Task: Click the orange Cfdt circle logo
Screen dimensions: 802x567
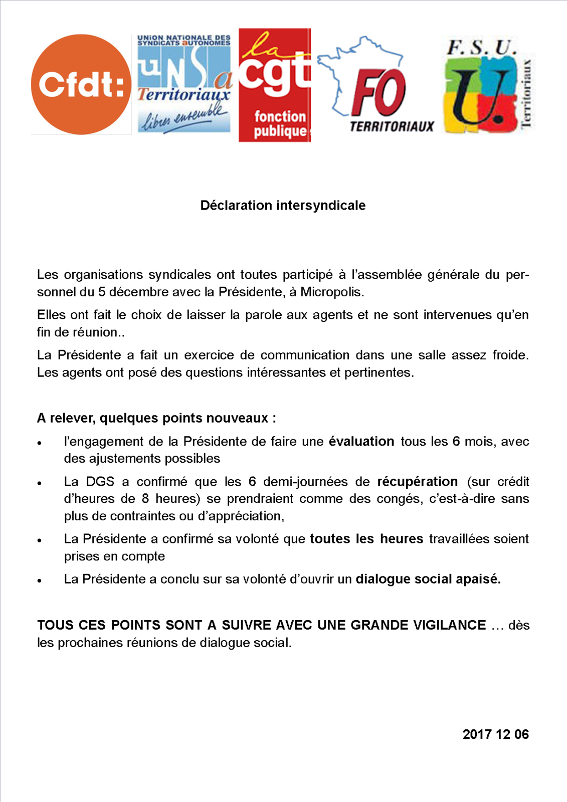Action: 81,84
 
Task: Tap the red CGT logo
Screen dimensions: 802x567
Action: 275,85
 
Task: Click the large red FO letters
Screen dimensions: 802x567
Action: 379,93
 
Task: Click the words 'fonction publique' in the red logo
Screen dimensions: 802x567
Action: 280,124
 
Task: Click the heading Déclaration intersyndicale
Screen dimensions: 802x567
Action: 283,206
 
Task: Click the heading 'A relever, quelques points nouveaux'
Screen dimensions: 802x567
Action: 156,418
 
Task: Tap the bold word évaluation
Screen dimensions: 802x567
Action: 361,442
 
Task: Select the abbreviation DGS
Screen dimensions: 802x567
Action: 100,482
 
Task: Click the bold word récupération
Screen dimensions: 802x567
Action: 417,482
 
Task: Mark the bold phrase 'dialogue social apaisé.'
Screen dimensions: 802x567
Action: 428,579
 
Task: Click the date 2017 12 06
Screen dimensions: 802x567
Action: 495,734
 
